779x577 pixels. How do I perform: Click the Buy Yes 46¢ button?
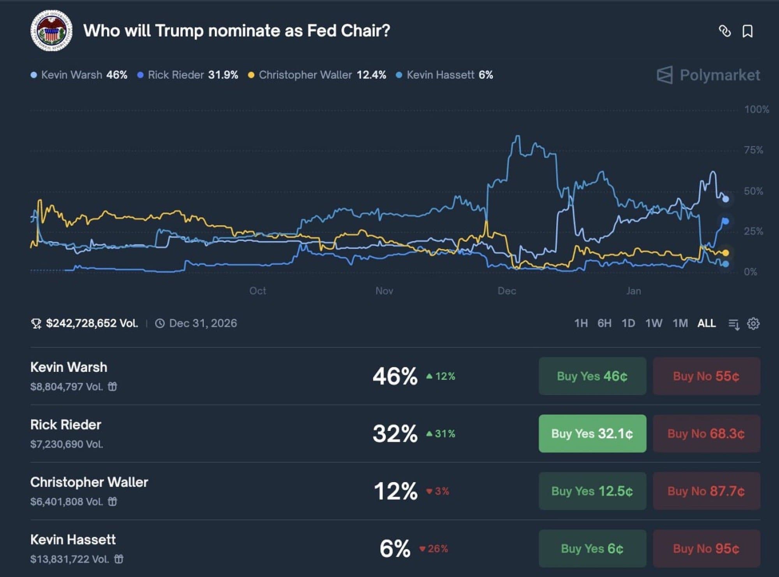point(592,376)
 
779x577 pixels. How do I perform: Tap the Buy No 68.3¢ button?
point(706,434)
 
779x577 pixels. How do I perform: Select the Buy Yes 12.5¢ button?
point(592,491)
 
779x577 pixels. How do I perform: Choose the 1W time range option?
point(654,323)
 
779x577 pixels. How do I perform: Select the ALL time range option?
point(707,323)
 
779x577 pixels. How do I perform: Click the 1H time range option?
point(581,323)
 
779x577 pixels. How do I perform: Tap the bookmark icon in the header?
point(747,31)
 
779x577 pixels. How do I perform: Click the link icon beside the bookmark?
point(724,31)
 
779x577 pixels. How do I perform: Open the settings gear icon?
point(753,324)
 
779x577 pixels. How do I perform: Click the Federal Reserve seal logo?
point(51,31)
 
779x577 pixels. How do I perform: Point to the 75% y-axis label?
point(753,150)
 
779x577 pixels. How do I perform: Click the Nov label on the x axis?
point(384,291)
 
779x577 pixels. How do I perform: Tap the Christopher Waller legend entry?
point(317,75)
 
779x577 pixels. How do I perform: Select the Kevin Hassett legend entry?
point(444,75)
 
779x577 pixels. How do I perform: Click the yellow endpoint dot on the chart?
point(725,253)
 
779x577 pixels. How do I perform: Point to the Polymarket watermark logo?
point(708,75)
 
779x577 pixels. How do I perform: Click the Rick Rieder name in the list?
point(66,425)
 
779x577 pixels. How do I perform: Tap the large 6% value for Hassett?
point(395,549)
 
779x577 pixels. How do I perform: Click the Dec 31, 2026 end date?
point(203,323)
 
